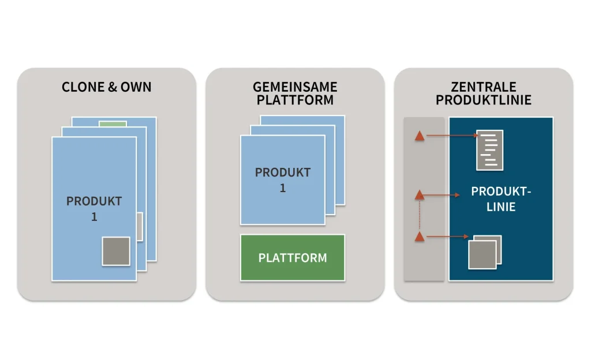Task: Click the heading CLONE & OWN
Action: coord(107,87)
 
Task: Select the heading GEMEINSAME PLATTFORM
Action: coord(295,93)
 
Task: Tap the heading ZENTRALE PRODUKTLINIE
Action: coord(483,93)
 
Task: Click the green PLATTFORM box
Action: coord(293,257)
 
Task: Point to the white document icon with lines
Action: coord(489,150)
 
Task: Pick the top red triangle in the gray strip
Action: coord(420,136)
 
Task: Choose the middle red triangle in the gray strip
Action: coord(420,194)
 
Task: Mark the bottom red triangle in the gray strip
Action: coord(420,236)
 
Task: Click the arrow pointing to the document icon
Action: coord(450,136)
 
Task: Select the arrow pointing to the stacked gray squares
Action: coord(447,236)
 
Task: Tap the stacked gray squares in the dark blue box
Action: coord(484,252)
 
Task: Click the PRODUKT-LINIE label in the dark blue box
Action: coord(500,198)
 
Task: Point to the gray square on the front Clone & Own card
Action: coord(116,251)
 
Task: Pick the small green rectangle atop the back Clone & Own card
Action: coord(113,123)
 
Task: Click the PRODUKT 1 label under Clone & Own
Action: coord(94,209)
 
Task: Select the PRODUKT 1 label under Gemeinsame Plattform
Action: coord(283,180)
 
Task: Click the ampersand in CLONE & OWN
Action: coord(113,87)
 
